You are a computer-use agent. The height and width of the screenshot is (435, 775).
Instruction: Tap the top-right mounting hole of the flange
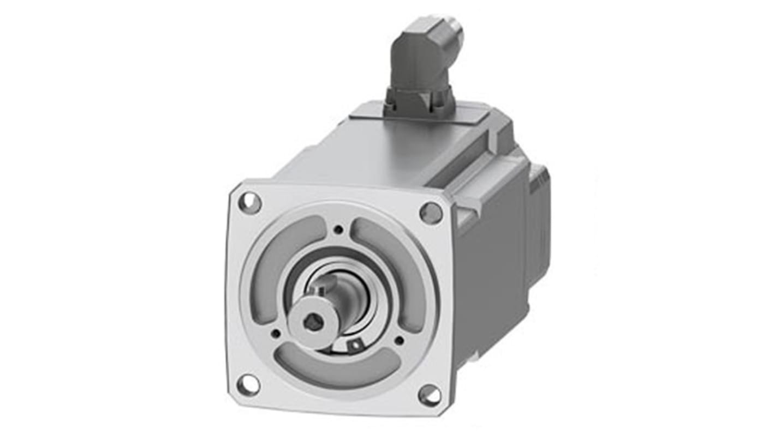point(431,213)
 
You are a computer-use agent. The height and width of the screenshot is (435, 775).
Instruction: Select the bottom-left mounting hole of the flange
point(248,384)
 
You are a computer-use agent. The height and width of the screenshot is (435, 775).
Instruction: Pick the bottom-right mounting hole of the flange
point(430,395)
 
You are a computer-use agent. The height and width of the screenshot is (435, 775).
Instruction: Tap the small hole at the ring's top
point(339,230)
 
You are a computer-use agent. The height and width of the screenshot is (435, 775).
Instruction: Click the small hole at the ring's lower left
point(276,333)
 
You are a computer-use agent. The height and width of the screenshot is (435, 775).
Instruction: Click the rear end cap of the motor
point(538,218)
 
